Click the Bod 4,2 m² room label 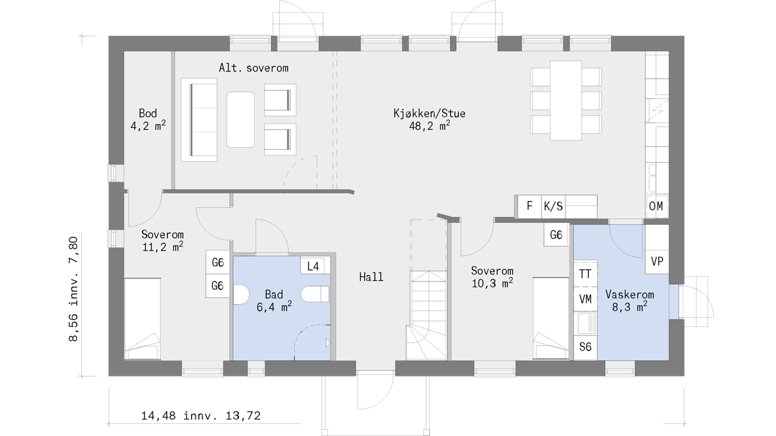pos(148,119)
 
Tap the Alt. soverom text pos(253,68)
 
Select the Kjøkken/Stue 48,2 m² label pos(430,119)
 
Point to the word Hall pos(371,277)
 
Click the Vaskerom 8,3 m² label pos(630,300)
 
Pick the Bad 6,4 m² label pos(274,300)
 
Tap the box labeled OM pos(657,206)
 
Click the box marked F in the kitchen pos(529,206)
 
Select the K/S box pos(554,206)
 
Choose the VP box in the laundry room pos(657,262)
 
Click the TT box pos(586,274)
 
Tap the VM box pos(586,299)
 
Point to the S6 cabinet pos(586,347)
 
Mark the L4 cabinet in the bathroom pos(313,266)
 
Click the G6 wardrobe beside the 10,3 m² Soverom pos(556,235)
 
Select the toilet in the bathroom pos(315,294)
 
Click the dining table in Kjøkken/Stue pos(566,101)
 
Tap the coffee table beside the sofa pos(241,120)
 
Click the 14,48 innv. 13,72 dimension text pos(201,415)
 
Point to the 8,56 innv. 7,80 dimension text pos(73,289)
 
